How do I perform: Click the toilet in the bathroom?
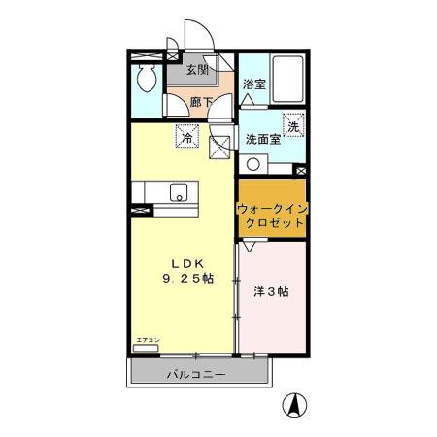[x=147, y=81]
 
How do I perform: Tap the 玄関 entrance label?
[x=198, y=70]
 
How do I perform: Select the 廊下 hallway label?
[x=201, y=101]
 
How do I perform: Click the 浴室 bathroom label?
[x=254, y=84]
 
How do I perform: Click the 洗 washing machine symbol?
[x=292, y=124]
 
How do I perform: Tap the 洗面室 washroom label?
[x=262, y=139]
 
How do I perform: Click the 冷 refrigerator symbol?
[x=186, y=138]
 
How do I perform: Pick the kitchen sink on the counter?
[x=179, y=193]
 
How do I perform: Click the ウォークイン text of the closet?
[x=272, y=208]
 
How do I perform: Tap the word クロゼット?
[x=272, y=222]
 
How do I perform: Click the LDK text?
[x=185, y=263]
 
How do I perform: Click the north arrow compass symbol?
[x=291, y=405]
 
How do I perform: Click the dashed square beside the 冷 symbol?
[x=219, y=147]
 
